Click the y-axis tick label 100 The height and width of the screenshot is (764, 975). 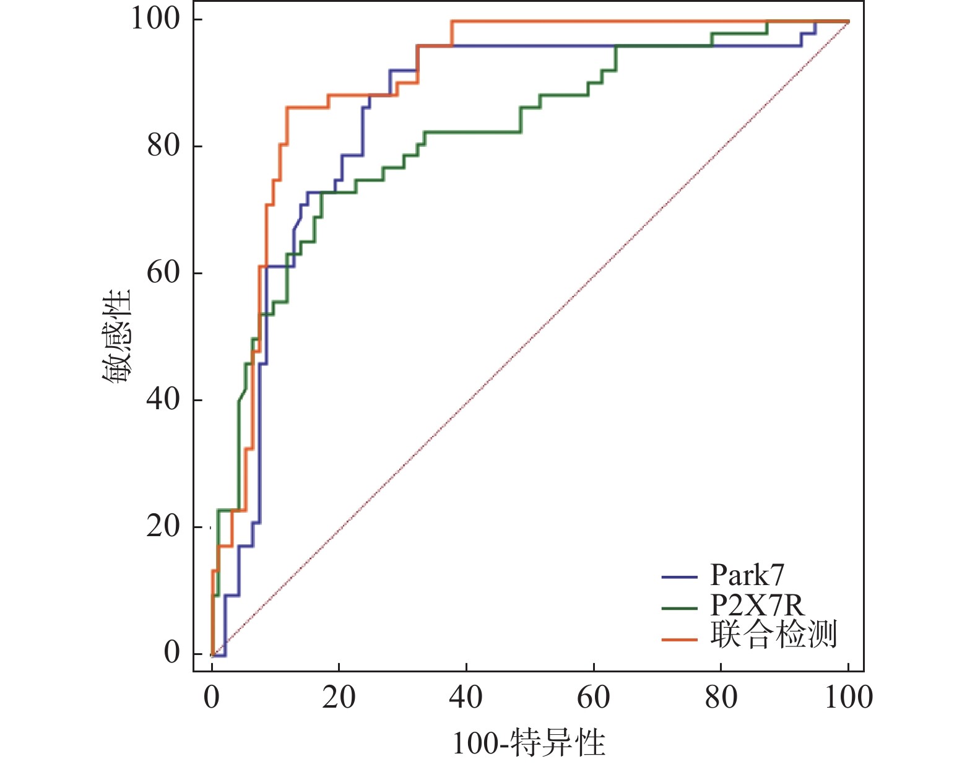click(154, 19)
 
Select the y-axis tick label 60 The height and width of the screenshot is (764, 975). click(163, 272)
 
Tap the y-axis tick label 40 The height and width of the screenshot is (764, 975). click(163, 399)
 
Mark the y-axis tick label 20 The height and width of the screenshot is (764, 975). click(163, 526)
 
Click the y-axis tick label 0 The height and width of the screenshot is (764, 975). click(172, 653)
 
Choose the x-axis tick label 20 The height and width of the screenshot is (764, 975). click(339, 698)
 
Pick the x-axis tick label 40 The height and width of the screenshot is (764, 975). click(466, 698)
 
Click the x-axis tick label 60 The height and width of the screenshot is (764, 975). click(594, 698)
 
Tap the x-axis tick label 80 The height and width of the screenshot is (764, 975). click(721, 698)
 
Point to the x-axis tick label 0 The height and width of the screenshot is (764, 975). click(212, 698)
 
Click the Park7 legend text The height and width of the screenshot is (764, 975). click(747, 575)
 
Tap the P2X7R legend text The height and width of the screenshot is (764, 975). click(757, 606)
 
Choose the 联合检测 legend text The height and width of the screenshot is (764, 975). click(773, 635)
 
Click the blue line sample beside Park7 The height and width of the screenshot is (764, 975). click(679, 577)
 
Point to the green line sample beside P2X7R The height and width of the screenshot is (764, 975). click(679, 607)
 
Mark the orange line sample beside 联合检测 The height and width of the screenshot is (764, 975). click(679, 638)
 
